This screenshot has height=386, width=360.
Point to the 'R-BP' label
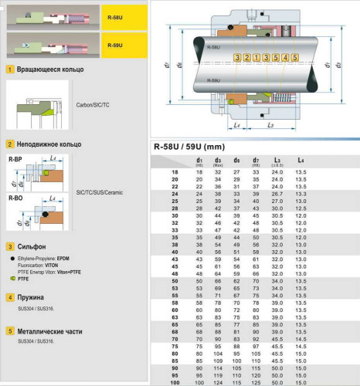pos(15,158)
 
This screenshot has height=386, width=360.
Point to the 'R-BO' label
pos(15,198)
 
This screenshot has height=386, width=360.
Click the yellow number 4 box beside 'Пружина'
pos(9,297)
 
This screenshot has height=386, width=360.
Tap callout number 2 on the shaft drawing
pos(246,58)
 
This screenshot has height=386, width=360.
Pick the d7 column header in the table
pos(255,161)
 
